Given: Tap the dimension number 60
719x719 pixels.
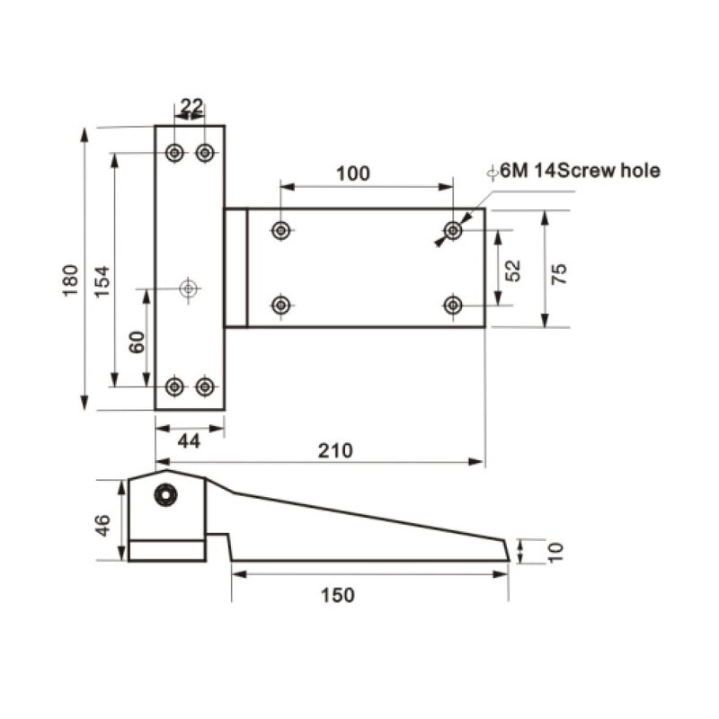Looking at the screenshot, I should (137, 342).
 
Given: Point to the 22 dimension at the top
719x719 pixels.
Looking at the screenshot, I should (191, 107).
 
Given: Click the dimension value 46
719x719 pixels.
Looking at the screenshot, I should (102, 525).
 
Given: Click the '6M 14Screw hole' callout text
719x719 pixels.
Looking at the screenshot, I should (580, 171).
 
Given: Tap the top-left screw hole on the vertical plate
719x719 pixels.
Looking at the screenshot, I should (174, 152).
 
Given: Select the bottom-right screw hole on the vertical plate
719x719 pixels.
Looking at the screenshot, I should (206, 386).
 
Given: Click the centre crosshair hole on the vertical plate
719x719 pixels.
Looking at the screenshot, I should (189, 288).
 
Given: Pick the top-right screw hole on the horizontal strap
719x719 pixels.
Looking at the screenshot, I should (454, 231).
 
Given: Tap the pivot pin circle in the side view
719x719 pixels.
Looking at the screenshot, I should (164, 495).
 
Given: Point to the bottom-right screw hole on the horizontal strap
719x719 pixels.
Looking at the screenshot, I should (454, 305).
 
